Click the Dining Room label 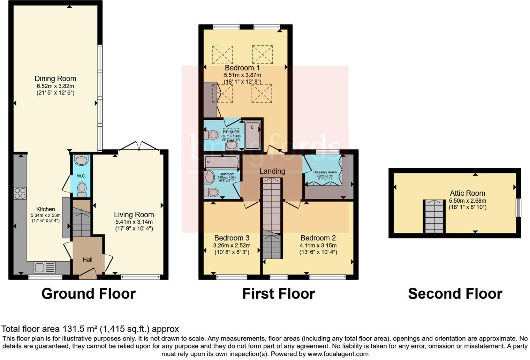pyautogui.click(x=55, y=78)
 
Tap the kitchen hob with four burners pyautogui.click(x=20, y=193)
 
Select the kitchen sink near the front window pyautogui.click(x=45, y=268)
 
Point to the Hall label pyautogui.click(x=88, y=260)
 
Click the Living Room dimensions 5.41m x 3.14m pyautogui.click(x=134, y=222)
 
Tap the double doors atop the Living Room pyautogui.click(x=139, y=146)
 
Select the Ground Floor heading pyautogui.click(x=88, y=294)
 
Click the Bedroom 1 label pyautogui.click(x=242, y=68)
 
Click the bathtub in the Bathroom pyautogui.click(x=222, y=162)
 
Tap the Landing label pyautogui.click(x=272, y=171)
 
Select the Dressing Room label pyautogui.click(x=325, y=172)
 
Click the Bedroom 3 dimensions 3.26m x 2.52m pyautogui.click(x=232, y=245)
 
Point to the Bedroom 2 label pyautogui.click(x=318, y=238)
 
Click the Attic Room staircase pyautogui.click(x=434, y=216)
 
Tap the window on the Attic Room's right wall pyautogui.click(x=518, y=208)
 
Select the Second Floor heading pyautogui.click(x=455, y=294)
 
